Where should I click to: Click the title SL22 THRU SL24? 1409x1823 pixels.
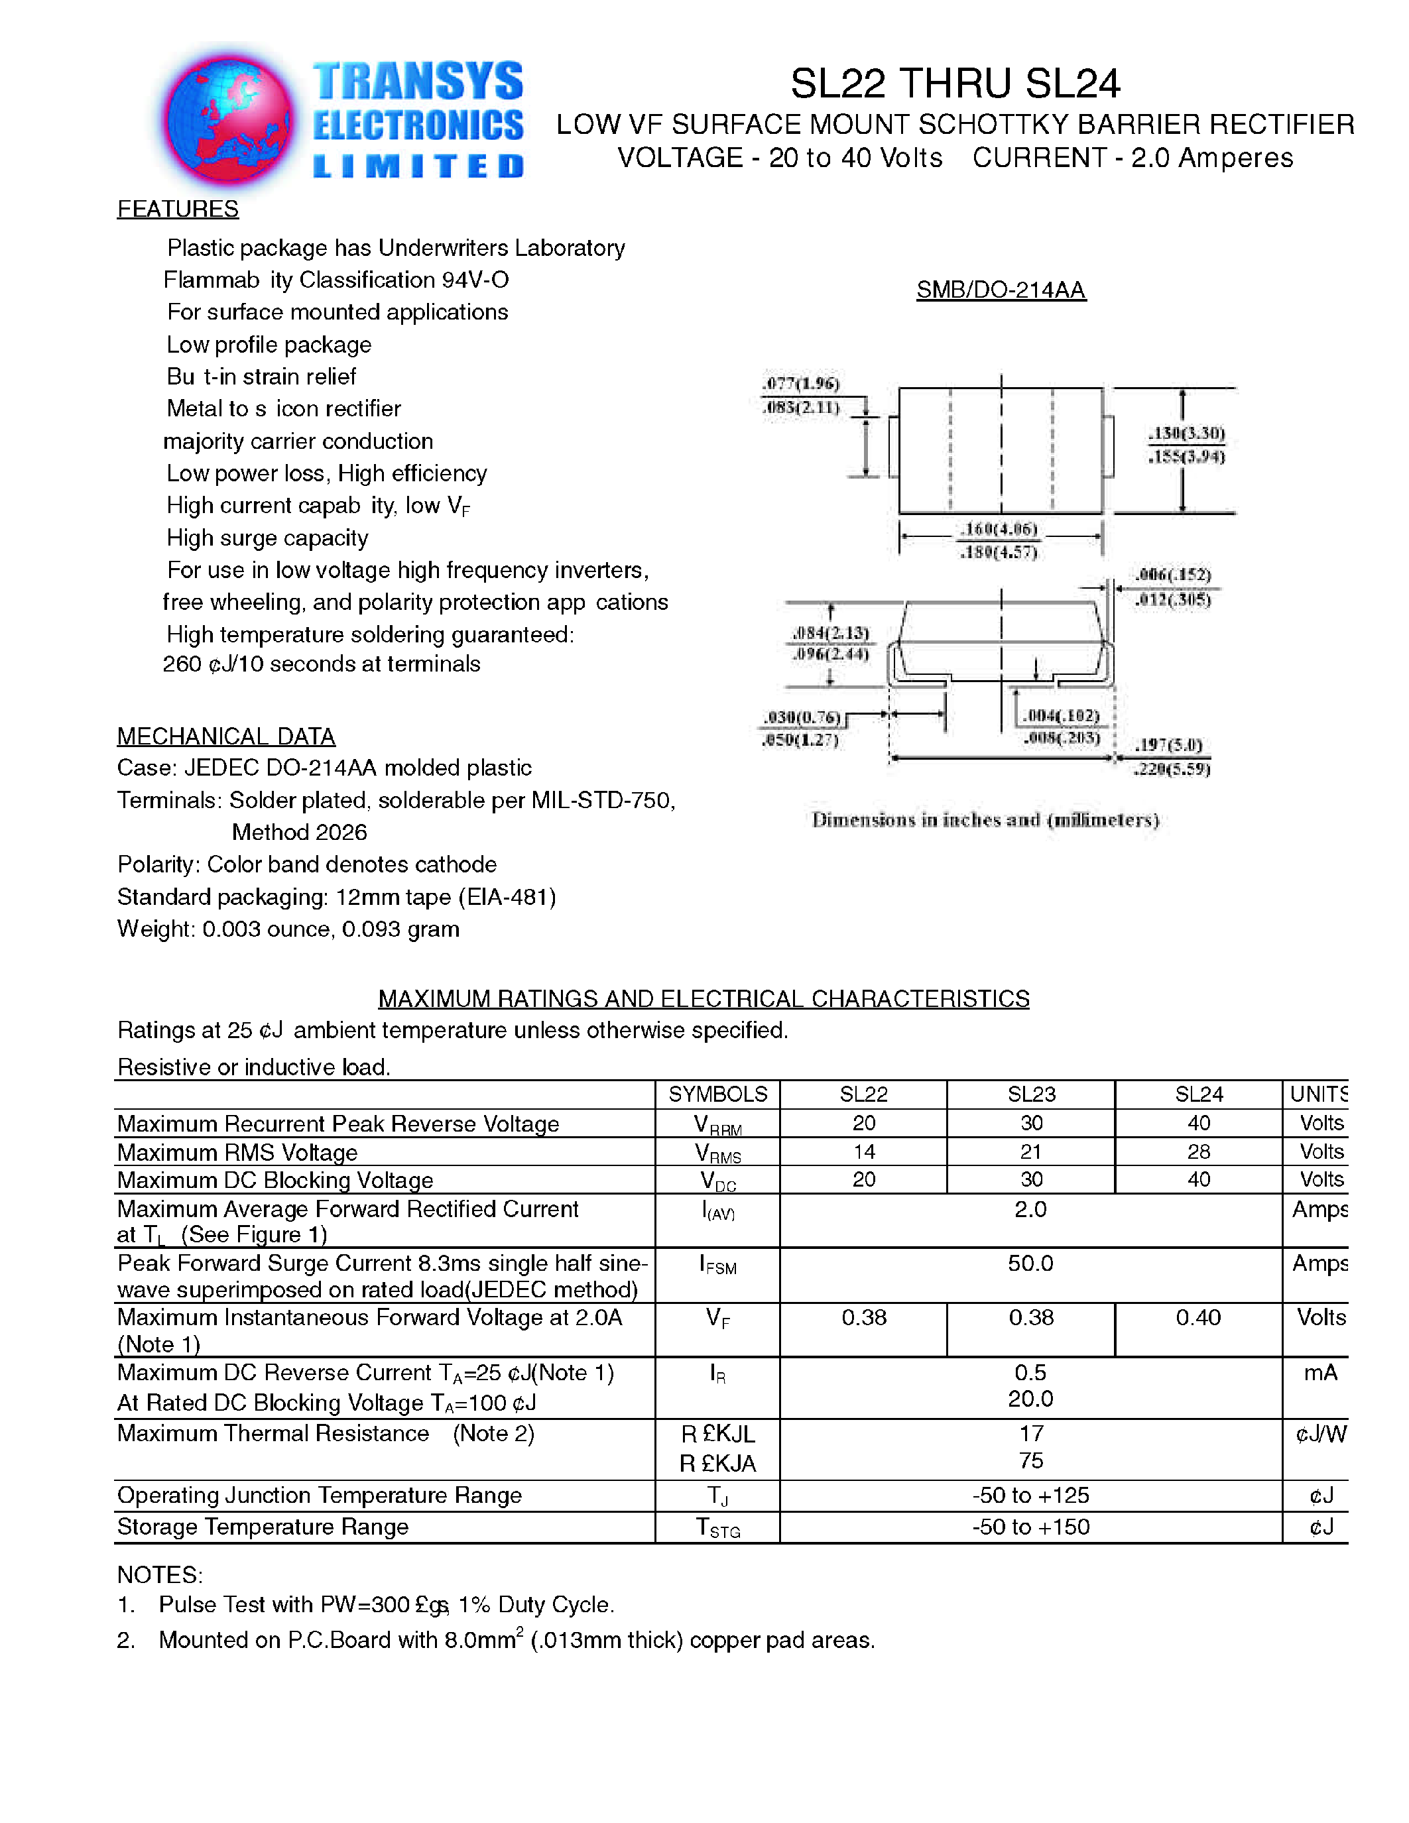954,84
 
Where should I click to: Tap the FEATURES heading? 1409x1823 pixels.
178,209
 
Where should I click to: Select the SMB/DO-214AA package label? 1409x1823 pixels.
1001,290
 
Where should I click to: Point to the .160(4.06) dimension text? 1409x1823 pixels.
999,529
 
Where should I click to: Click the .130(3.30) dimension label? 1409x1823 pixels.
1186,432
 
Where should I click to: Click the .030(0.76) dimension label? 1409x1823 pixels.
802,717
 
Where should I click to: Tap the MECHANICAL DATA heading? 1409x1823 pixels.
225,736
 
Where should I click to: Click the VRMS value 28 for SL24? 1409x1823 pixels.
1198,1152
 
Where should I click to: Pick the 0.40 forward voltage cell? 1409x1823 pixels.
1198,1317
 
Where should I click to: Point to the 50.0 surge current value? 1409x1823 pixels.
1030,1263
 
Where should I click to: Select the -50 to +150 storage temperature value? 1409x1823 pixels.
1030,1527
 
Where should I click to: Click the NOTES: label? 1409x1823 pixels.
159,1575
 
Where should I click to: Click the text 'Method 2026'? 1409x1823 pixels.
299,832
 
